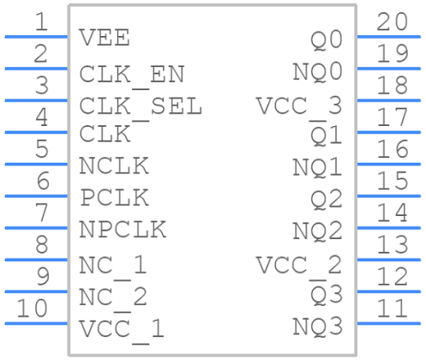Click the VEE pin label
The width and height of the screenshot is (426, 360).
tap(104, 39)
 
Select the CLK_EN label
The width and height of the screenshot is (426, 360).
tap(131, 74)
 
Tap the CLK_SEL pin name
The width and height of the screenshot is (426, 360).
tap(141, 106)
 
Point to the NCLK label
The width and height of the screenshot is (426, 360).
tap(114, 165)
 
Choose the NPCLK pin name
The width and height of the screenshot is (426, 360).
tap(123, 230)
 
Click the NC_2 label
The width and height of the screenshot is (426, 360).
tap(112, 297)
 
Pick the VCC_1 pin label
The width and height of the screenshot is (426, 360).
tap(122, 328)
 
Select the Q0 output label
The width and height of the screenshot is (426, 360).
tap(327, 39)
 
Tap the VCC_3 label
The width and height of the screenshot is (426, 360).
tap(298, 106)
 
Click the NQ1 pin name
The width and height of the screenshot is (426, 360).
tap(317, 166)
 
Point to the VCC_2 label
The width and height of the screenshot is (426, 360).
tap(298, 265)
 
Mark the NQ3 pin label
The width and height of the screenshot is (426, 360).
tap(317, 327)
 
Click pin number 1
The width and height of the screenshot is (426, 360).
tap(41, 22)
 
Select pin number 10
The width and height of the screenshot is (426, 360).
tap(33, 309)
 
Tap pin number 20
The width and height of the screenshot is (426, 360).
tap(391, 22)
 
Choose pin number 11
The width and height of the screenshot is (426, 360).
tap(391, 309)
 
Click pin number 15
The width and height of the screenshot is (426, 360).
tap(391, 181)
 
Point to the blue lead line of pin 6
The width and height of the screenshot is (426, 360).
tap(36, 195)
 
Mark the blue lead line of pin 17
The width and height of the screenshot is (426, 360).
tap(389, 131)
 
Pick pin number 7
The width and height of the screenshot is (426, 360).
tap(41, 213)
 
